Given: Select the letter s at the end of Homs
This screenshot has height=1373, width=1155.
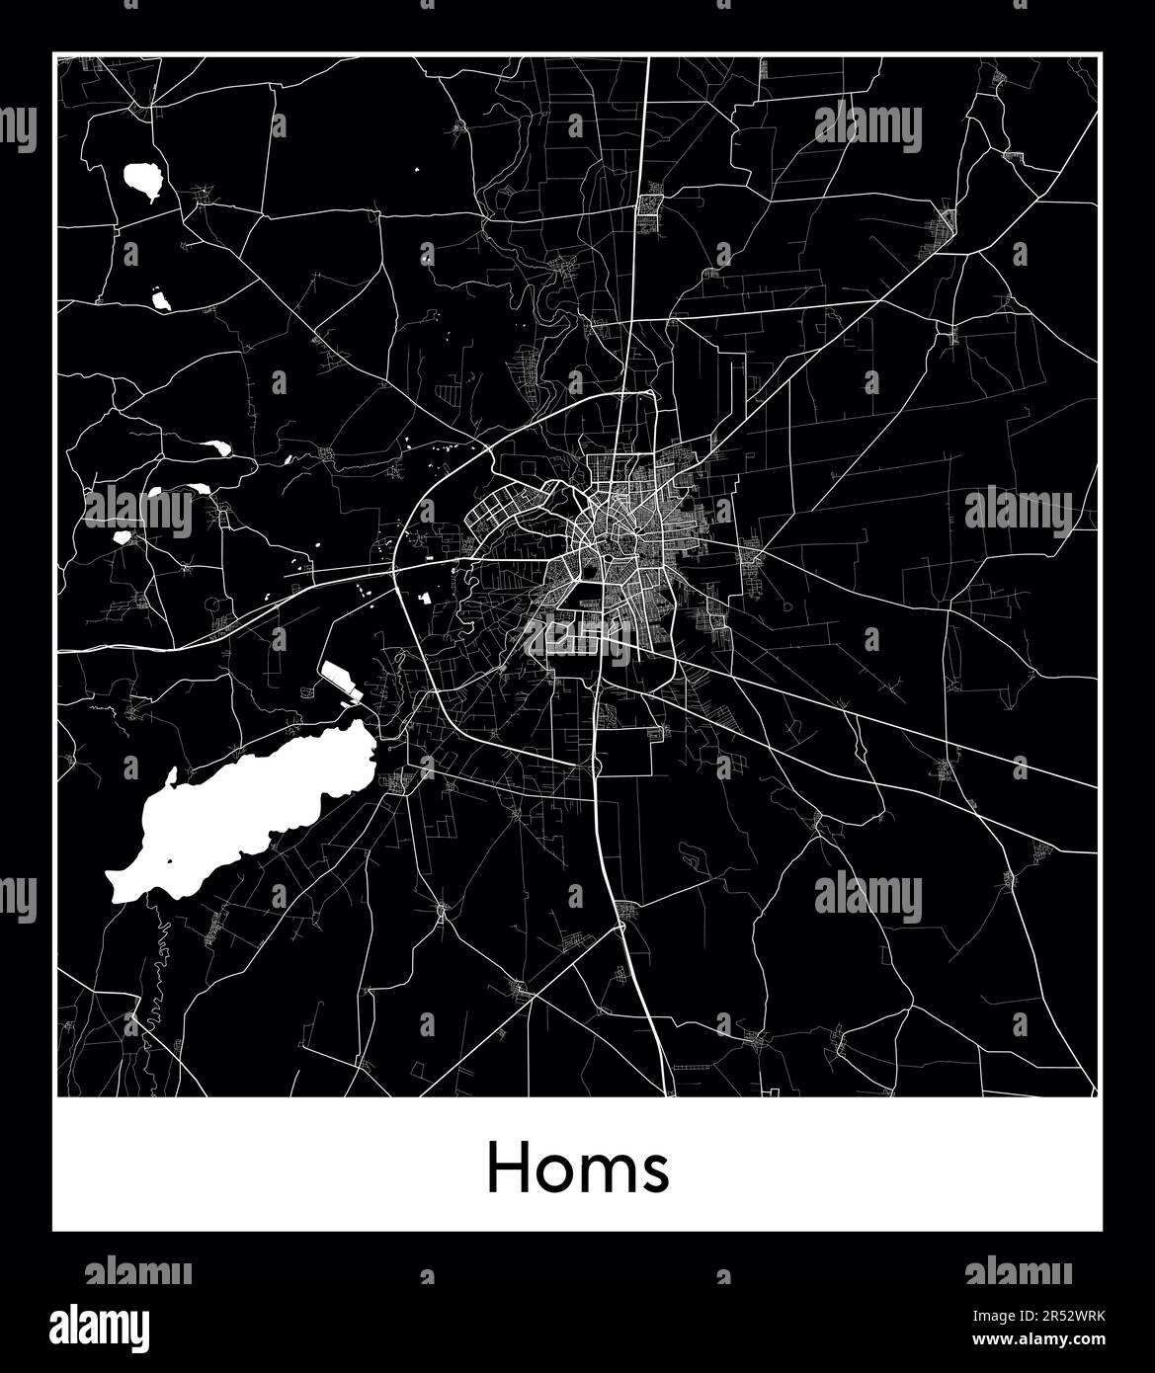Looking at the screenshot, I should [656, 1173].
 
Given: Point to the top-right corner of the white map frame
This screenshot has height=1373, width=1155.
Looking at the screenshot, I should [1102, 53].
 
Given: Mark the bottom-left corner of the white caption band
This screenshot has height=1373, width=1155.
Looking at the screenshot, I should [53, 1230].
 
